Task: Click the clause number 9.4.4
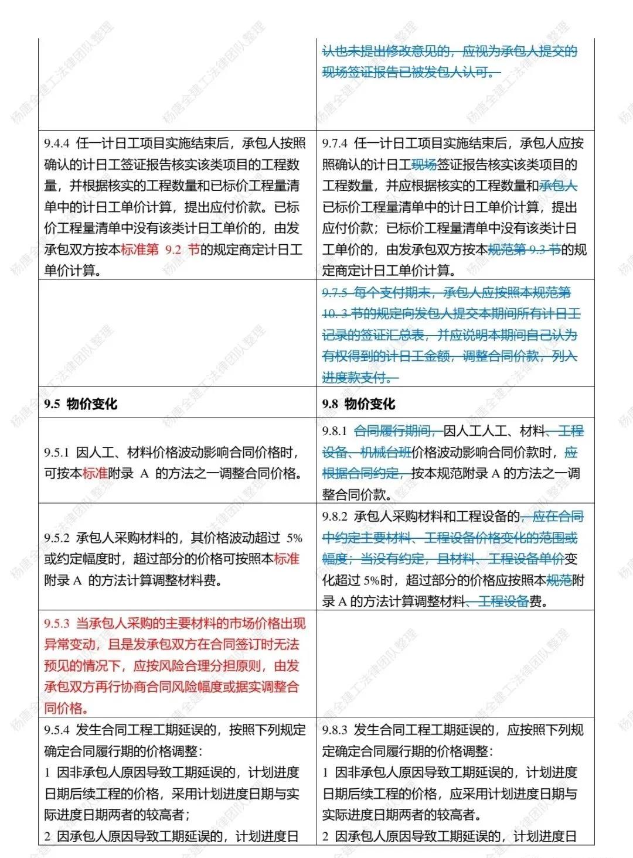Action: click(x=57, y=143)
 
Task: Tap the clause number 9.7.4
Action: click(x=335, y=143)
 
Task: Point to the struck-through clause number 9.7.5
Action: click(x=335, y=293)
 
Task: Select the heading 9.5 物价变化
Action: click(x=80, y=404)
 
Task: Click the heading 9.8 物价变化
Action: click(x=359, y=404)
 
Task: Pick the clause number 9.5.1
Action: click(x=57, y=452)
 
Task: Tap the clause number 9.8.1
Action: click(x=335, y=432)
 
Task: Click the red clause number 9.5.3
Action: click(x=57, y=623)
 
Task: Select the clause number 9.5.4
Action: click(x=57, y=730)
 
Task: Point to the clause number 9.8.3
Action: click(x=335, y=730)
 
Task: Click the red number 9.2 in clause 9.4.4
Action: click(x=173, y=249)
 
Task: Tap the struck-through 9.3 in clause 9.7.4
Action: click(x=537, y=249)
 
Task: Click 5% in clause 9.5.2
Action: click(x=294, y=538)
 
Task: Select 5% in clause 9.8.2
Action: click(x=371, y=580)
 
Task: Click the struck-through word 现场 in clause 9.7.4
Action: click(x=424, y=165)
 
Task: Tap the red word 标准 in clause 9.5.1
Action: click(x=96, y=473)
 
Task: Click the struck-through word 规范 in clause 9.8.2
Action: click(x=559, y=580)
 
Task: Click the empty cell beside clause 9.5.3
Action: click(x=455, y=664)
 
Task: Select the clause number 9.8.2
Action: click(x=335, y=517)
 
